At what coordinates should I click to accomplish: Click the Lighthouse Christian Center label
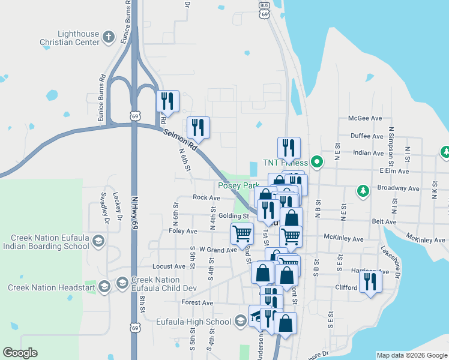point(70,38)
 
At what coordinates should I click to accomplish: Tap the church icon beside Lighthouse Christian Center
point(109,37)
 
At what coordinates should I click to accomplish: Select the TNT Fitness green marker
point(319,161)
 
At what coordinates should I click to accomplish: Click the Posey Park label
point(238,186)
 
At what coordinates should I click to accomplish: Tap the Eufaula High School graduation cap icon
point(240,321)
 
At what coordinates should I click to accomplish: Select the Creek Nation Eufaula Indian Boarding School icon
point(99,241)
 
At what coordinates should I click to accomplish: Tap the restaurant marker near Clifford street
point(370,282)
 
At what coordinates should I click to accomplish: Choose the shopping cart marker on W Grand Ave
point(242,233)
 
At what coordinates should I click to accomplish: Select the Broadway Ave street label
point(398,188)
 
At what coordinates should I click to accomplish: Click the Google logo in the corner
point(20,353)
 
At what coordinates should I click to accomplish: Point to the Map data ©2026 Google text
point(411,355)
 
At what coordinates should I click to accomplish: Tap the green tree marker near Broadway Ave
point(363,191)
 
